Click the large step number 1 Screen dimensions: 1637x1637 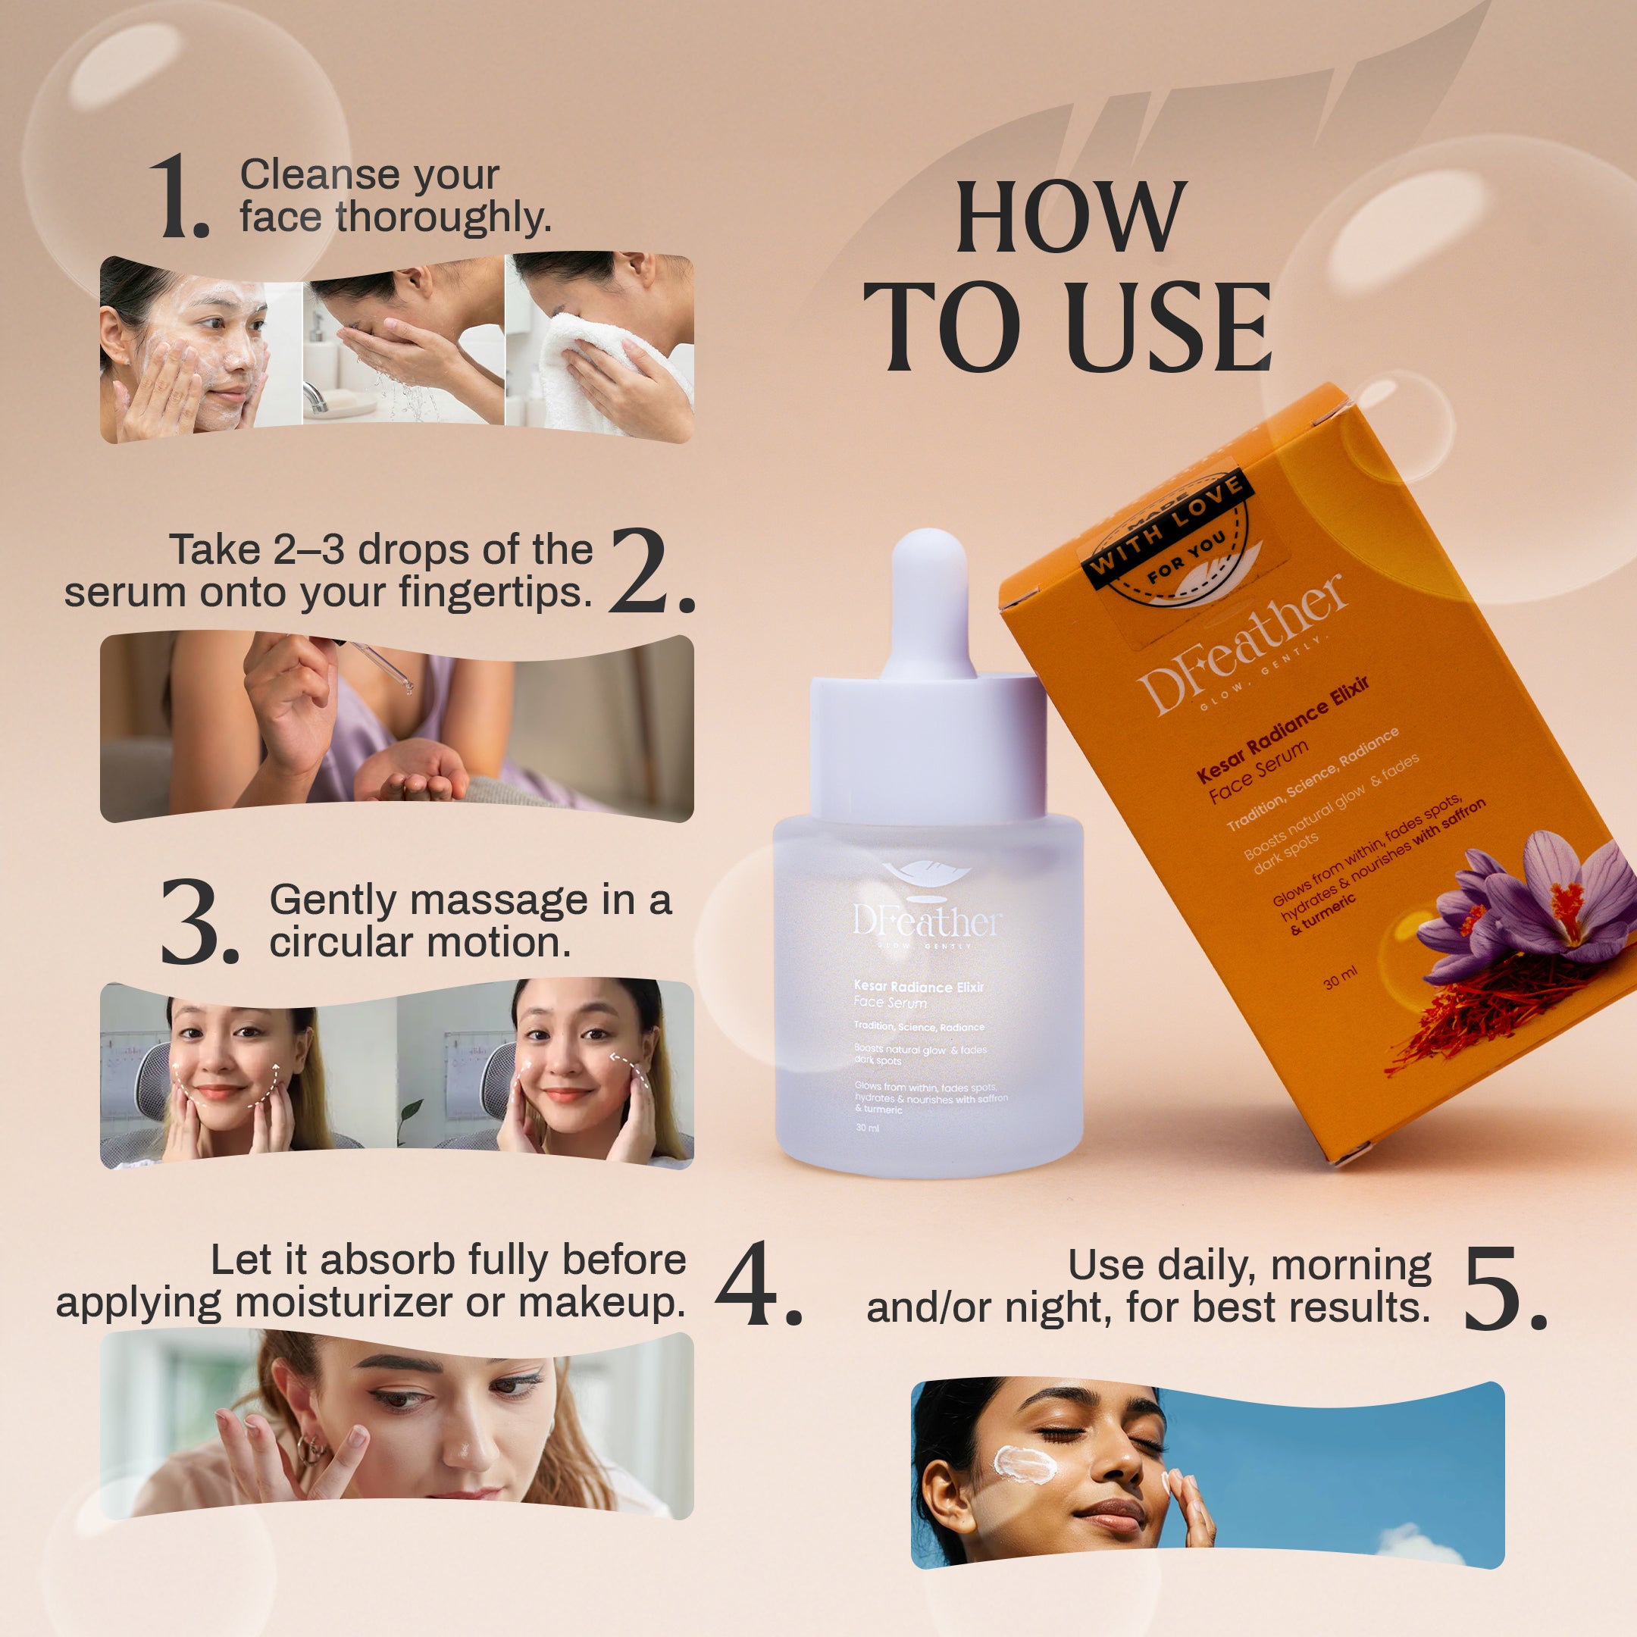coord(178,196)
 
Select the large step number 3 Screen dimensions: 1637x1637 coord(196,923)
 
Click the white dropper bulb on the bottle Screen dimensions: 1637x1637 coord(928,593)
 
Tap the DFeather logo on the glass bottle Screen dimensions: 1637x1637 coord(927,919)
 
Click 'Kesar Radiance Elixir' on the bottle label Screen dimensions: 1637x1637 coord(919,986)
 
